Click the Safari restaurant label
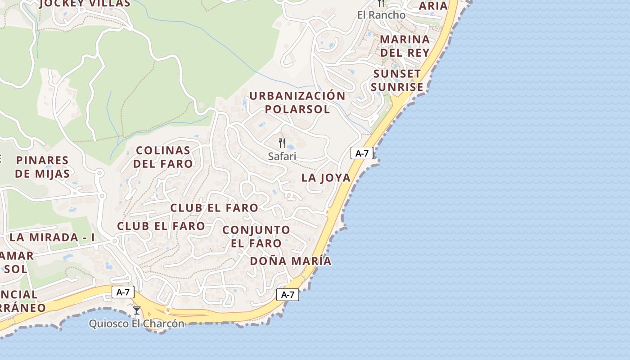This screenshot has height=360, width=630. pos(282,156)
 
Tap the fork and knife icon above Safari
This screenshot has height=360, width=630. pos(282,143)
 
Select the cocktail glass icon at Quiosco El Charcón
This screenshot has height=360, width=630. pos(137,310)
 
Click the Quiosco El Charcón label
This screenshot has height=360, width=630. pos(137,324)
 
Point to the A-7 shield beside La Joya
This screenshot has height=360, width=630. pos(362,153)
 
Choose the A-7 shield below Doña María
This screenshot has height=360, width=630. pos(288,295)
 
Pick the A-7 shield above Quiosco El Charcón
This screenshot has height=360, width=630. pos(123,292)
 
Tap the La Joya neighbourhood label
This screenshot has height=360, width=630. pos(326,178)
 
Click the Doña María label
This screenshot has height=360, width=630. pos(291,261)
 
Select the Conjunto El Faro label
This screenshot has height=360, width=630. pos(256,237)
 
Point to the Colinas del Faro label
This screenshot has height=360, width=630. pos(163,157)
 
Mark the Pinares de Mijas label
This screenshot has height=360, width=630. pos(42,167)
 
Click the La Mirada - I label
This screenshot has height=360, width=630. pos(52,237)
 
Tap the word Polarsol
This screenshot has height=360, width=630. pos(297,109)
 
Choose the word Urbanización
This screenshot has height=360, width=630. pos(297,96)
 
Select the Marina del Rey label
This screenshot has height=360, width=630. pos(405,45)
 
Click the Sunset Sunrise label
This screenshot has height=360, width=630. pos(397,80)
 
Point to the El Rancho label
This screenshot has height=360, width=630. pos(381,15)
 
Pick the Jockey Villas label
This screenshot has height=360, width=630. pos(85,4)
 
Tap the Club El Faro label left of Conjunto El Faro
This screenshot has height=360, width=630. pos(161,226)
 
